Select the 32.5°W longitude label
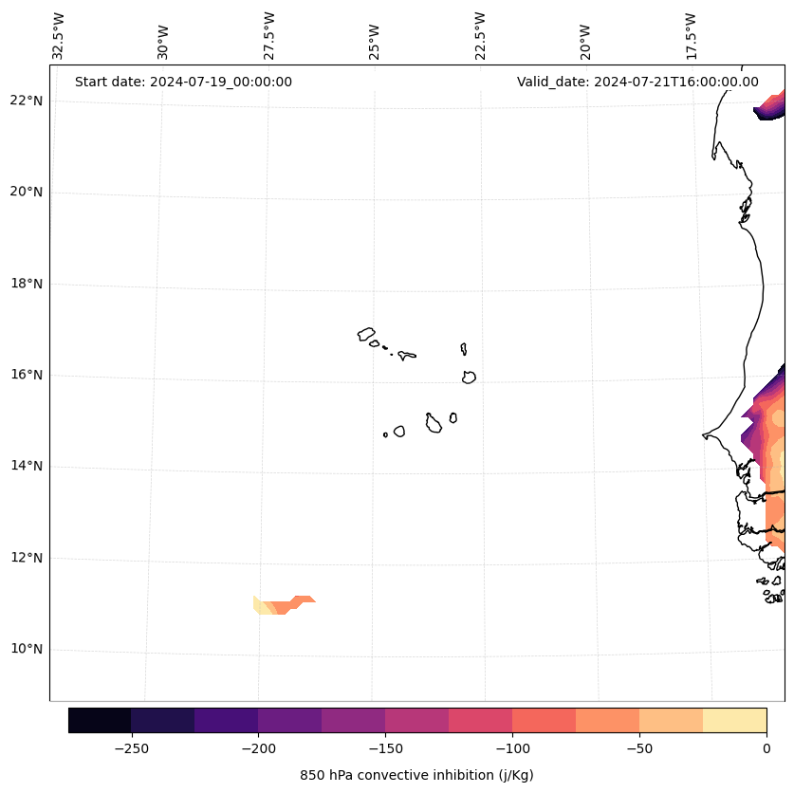click(59, 36)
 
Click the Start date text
click(183, 82)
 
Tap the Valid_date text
click(637, 82)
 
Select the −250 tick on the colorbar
click(131, 747)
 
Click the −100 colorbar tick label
click(512, 747)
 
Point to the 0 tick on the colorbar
click(766, 747)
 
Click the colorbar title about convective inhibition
click(416, 775)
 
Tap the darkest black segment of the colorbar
click(100, 720)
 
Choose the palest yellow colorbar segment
click(734, 720)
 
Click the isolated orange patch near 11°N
click(283, 604)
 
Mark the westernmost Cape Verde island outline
click(366, 334)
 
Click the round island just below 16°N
click(469, 377)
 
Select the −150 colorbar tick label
click(385, 747)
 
